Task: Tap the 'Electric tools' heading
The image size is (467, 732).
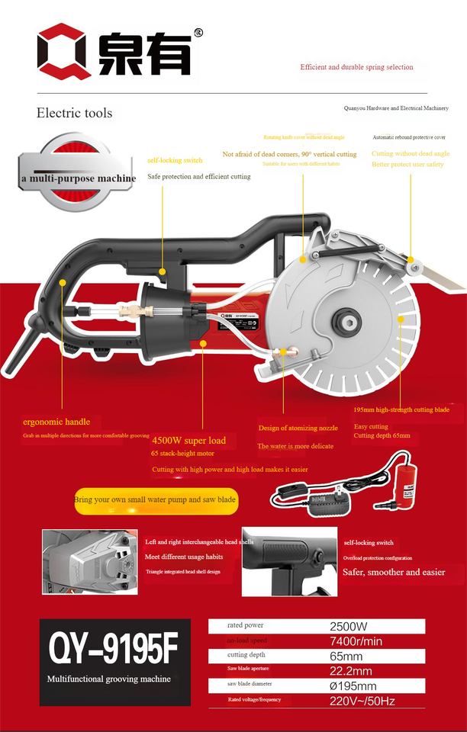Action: coord(74,113)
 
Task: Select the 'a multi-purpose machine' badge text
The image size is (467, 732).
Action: coord(79,178)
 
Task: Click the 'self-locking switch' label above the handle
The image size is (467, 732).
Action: coord(175,160)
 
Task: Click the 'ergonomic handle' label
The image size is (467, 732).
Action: coord(56,422)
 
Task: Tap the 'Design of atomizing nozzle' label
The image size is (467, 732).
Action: coord(298,428)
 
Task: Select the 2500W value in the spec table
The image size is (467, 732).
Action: coord(349,626)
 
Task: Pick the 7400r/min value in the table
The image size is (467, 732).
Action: coord(356,641)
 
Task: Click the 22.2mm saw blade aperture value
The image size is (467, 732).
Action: coord(351,671)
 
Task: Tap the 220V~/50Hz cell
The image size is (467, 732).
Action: coord(362,701)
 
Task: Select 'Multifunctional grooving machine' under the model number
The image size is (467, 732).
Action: coord(109,679)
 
